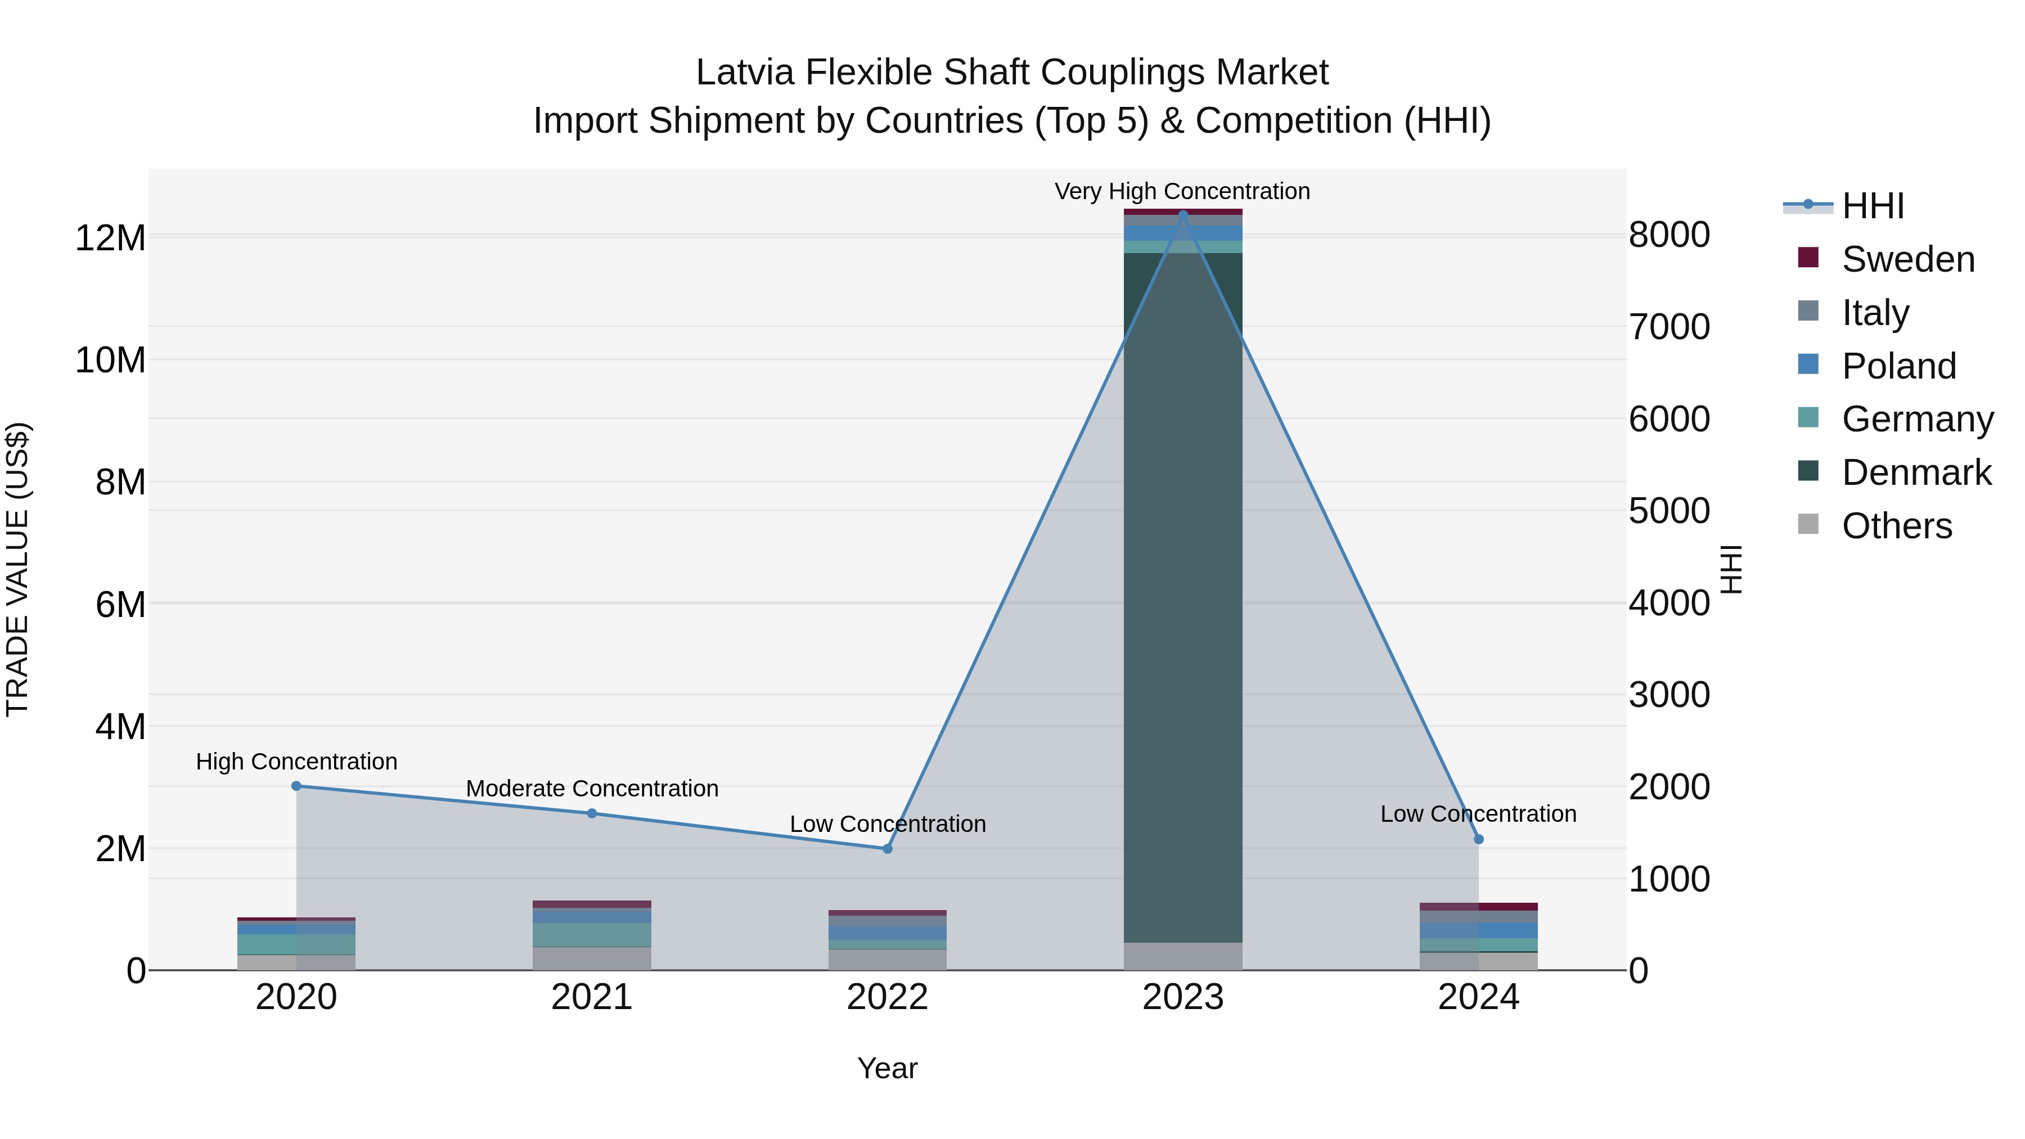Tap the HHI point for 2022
[888, 849]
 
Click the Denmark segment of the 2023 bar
[1182, 597]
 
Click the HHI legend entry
[1873, 206]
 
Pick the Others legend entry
[1896, 526]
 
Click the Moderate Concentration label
[592, 789]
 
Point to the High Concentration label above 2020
[296, 762]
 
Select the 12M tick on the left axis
[110, 238]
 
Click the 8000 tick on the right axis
[1669, 235]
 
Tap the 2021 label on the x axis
[591, 997]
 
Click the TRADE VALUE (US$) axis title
[17, 569]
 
